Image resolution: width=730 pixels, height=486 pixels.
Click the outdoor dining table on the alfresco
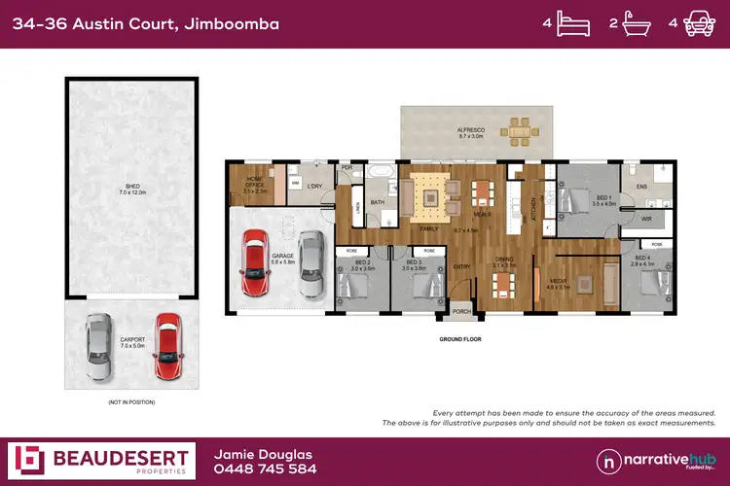(517, 127)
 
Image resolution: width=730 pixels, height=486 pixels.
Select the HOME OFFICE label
(254, 185)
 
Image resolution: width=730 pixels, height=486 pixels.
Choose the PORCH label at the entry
(460, 311)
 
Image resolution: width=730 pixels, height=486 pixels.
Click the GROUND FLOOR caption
(460, 340)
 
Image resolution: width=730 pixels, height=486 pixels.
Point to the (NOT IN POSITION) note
(131, 401)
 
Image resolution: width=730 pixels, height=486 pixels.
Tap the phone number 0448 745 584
(265, 469)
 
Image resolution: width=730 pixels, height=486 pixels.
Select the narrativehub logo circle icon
(609, 460)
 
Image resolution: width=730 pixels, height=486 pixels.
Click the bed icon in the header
(572, 23)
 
